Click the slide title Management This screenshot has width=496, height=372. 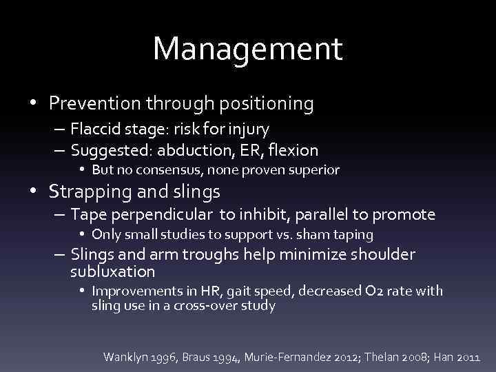(247, 48)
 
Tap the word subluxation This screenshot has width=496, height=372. (113, 272)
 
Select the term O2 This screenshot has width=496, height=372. (385, 291)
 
